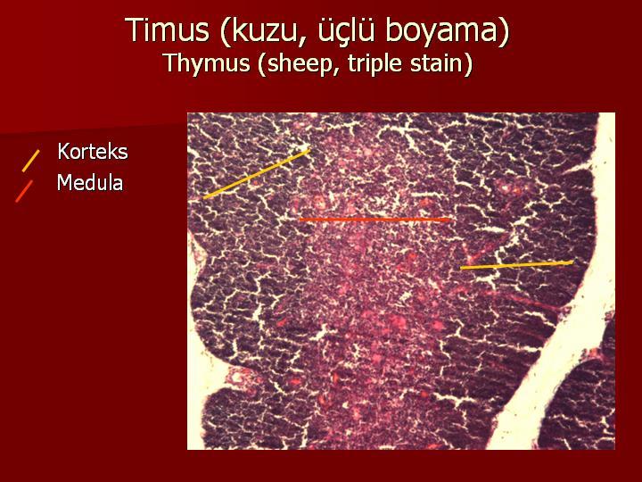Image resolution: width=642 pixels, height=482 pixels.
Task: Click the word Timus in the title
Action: click(x=169, y=30)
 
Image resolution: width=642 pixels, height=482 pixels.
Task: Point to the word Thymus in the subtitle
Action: click(x=207, y=64)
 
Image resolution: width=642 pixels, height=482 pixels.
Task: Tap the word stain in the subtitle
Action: click(x=438, y=64)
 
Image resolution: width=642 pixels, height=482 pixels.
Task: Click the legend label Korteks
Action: click(x=93, y=152)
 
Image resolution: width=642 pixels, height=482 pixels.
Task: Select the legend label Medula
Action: click(x=90, y=182)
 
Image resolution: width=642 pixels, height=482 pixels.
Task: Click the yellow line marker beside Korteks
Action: click(x=30, y=161)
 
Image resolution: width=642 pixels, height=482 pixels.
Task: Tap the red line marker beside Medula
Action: click(x=24, y=191)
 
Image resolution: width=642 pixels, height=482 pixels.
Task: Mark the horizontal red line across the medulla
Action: click(x=374, y=220)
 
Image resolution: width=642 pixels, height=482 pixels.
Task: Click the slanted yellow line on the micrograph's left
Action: click(x=257, y=174)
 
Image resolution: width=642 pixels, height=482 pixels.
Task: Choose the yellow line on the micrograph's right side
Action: click(x=516, y=265)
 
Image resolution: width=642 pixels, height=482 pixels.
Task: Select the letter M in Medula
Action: click(x=65, y=182)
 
